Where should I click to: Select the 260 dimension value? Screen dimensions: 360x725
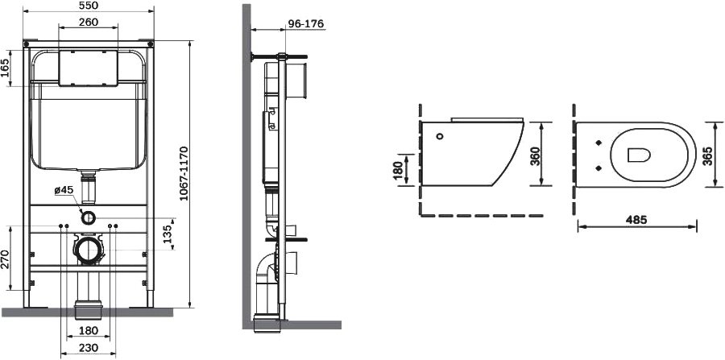coord(89,22)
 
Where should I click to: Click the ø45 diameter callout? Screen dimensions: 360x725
coord(64,190)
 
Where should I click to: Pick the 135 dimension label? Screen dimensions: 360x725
coord(167,234)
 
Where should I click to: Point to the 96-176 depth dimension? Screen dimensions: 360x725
coord(305,24)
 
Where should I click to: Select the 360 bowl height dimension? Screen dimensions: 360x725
coord(534,156)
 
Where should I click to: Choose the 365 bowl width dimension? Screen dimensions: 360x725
coord(707,155)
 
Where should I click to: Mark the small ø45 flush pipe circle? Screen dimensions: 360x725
coord(89,217)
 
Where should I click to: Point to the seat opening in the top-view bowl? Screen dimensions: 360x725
coord(640,155)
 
